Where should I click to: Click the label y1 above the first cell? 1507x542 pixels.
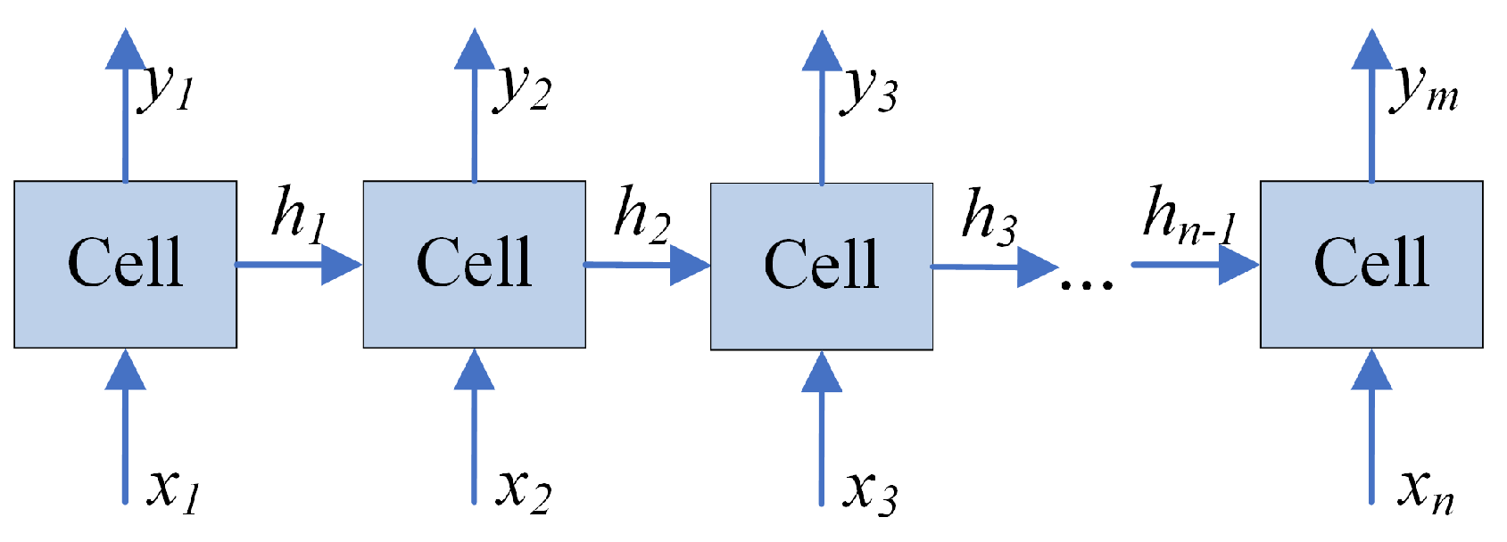click(167, 87)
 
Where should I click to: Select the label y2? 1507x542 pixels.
click(522, 87)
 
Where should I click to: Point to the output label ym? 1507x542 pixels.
click(1424, 89)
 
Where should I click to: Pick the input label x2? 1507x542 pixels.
click(524, 489)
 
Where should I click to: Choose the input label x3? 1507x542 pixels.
click(871, 490)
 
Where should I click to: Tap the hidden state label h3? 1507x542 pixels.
click(989, 217)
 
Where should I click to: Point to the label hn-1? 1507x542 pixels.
click(1189, 217)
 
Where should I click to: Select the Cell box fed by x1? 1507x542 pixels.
click(125, 264)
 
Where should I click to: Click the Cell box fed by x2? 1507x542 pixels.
click(474, 264)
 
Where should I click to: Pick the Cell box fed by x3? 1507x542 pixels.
click(821, 266)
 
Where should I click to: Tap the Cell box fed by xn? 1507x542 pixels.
click(1371, 264)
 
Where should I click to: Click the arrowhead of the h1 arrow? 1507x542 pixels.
click(341, 265)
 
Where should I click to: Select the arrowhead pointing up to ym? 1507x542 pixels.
click(1371, 50)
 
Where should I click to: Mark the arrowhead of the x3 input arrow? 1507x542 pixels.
click(821, 373)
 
